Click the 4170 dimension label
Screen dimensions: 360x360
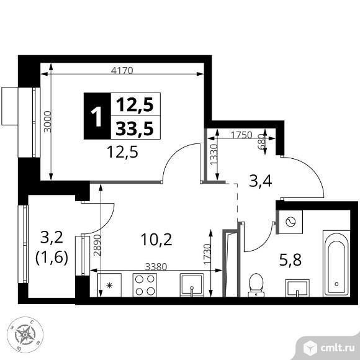click(122, 71)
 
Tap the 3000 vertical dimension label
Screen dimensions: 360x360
click(48, 122)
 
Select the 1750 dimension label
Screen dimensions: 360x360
click(241, 135)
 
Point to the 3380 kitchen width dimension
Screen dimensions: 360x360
click(156, 266)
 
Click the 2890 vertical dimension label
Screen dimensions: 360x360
click(97, 245)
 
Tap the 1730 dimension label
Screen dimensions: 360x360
click(207, 254)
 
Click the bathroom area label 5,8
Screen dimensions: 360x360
click(290, 261)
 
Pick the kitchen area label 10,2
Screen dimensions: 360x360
click(156, 240)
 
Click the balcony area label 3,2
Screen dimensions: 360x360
click(52, 238)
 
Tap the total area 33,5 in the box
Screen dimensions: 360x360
click(135, 128)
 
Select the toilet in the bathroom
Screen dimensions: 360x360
click(256, 285)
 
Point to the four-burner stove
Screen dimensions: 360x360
click(145, 285)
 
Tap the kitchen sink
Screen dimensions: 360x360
click(192, 285)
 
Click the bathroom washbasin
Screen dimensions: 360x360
click(297, 288)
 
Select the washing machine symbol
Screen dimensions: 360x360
click(290, 222)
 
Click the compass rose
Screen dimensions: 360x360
click(25, 335)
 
